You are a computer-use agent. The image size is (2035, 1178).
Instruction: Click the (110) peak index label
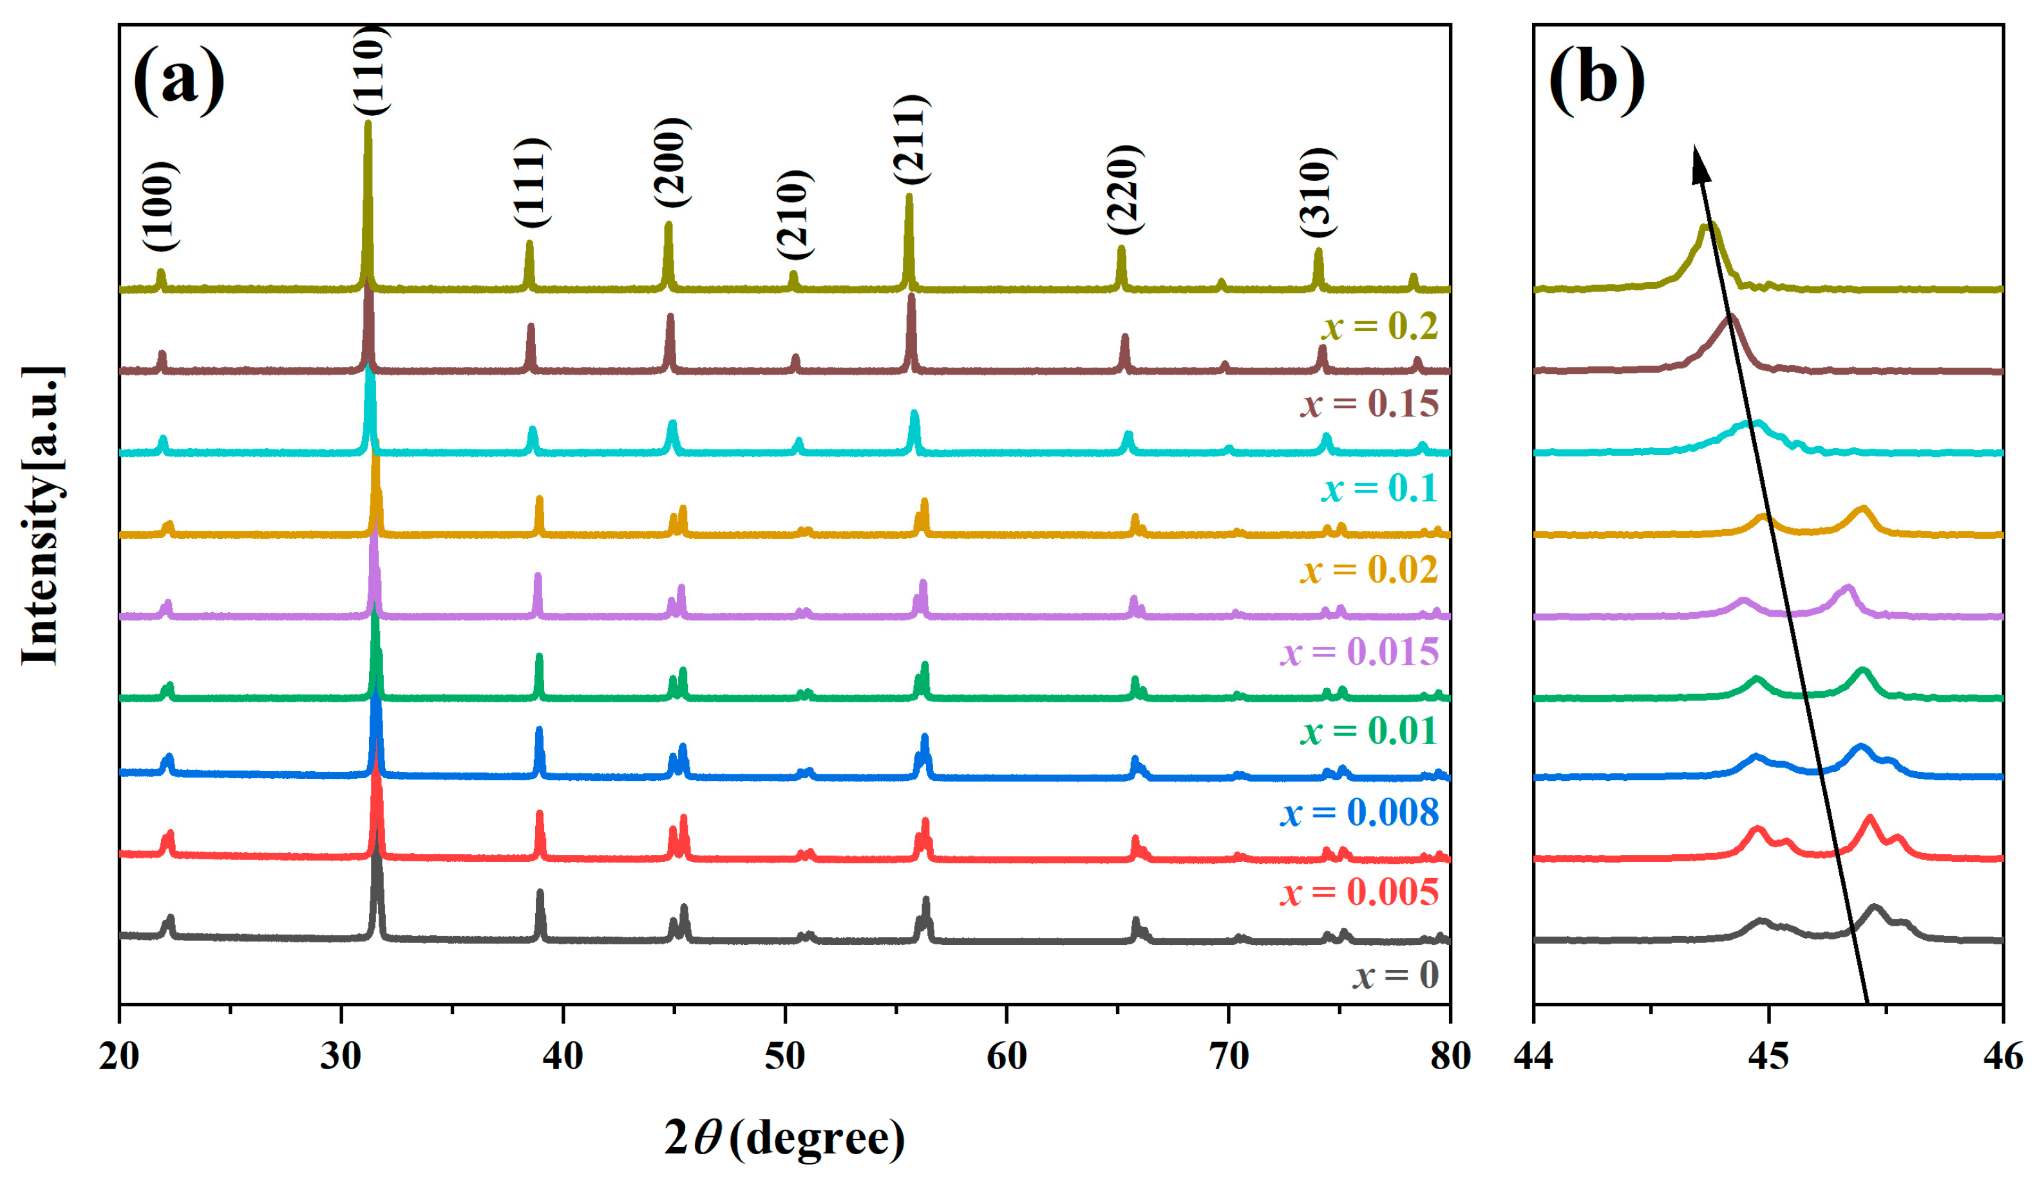(372, 71)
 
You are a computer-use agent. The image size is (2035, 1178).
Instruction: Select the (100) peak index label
(160, 207)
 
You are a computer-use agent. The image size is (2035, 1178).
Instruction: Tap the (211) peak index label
(913, 140)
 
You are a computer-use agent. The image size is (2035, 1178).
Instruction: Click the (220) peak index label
(1125, 190)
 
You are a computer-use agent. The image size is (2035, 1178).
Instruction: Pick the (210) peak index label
(795, 215)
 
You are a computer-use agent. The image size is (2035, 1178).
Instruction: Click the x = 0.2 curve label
(1381, 327)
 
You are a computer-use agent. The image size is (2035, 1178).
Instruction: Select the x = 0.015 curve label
(1360, 652)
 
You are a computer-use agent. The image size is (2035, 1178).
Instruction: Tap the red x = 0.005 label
(1360, 892)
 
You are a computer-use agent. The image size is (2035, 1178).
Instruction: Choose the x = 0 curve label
(1396, 975)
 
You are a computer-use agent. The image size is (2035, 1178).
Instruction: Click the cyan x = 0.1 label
(1380, 489)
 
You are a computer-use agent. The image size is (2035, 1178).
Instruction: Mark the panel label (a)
(179, 80)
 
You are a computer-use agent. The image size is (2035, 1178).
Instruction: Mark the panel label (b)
(1596, 80)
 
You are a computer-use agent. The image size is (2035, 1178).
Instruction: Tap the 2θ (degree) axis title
(785, 1139)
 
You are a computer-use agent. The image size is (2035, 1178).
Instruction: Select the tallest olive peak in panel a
(368, 125)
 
